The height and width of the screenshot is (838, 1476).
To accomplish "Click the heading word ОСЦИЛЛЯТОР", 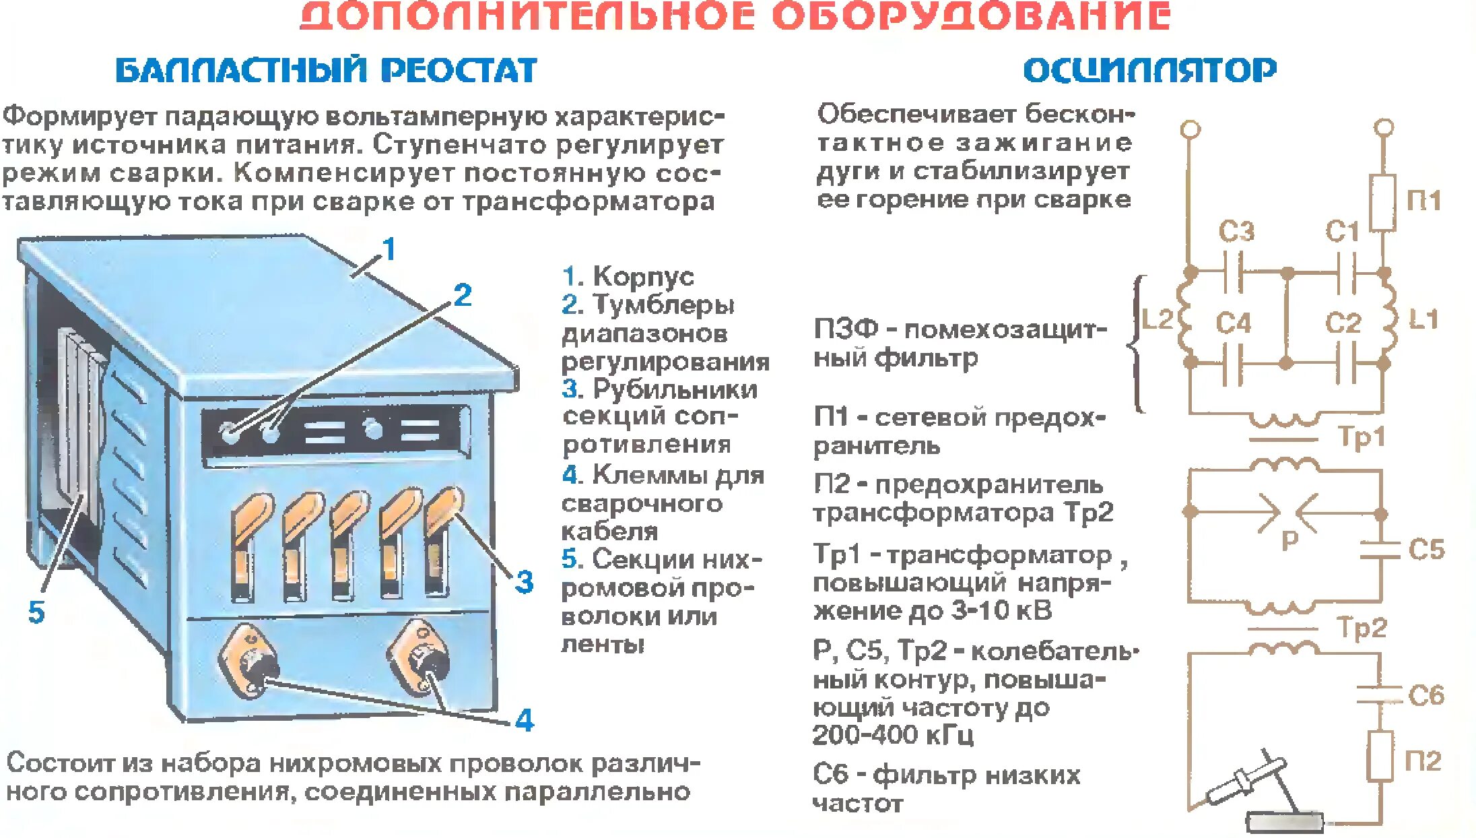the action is coord(1149,70).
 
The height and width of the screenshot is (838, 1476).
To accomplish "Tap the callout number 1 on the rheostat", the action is coord(389,250).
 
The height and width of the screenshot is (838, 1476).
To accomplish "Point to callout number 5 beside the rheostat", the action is coord(36,613).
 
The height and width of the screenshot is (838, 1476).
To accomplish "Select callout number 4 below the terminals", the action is coord(525,721).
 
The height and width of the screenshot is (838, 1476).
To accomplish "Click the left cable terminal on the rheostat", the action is coord(249,660).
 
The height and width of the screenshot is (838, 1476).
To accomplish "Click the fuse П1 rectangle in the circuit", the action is coord(1383,203).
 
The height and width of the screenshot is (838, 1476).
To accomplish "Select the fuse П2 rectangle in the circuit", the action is coord(1380,756).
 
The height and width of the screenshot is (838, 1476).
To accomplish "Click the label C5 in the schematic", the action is coord(1426,550).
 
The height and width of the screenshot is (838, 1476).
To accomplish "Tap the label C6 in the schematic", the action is coord(1426,695).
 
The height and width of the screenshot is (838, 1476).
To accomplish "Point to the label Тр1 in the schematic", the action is coord(1361,437).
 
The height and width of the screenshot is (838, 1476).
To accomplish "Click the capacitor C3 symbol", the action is coord(1233,272).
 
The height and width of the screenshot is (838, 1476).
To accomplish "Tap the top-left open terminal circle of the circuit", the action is coord(1190,128).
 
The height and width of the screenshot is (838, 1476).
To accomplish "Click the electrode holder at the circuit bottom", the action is coord(1246,781).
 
